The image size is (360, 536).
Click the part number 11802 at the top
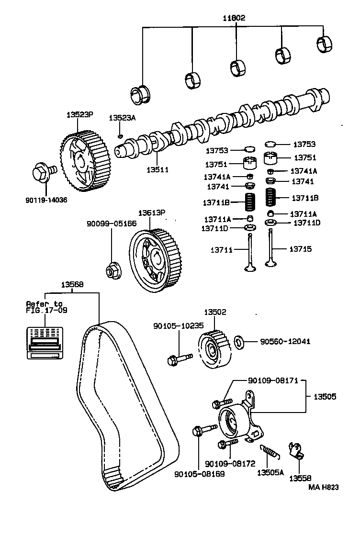pos(234,19)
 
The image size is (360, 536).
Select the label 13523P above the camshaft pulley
pos(79,115)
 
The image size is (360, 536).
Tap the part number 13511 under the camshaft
pos(157,169)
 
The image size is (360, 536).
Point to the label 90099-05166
pos(111,223)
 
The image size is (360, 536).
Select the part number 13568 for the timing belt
pos(72,284)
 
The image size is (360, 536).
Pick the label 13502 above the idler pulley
pos(215,312)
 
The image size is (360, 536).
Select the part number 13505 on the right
pos(325,397)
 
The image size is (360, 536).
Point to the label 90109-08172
pos(229,464)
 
